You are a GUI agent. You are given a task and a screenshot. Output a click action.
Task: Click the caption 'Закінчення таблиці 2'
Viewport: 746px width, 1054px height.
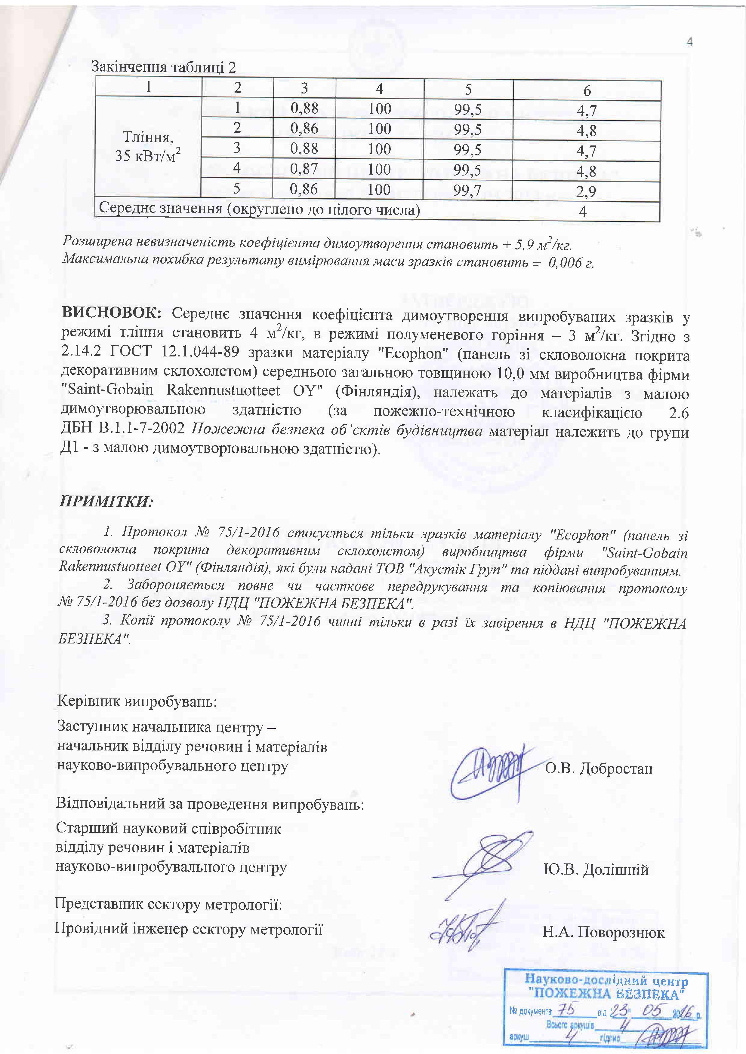[x=164, y=68]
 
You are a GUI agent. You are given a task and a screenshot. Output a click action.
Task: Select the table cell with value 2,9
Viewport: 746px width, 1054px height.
[x=587, y=192]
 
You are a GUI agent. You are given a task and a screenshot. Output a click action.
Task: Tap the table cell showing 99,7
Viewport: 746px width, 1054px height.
[x=468, y=190]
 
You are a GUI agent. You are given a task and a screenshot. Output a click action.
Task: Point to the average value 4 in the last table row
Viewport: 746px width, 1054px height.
[x=583, y=212]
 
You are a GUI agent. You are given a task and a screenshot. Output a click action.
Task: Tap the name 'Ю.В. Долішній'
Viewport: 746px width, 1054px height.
[x=596, y=869]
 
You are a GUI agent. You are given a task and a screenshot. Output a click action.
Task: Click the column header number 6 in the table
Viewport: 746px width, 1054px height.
[x=587, y=91]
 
